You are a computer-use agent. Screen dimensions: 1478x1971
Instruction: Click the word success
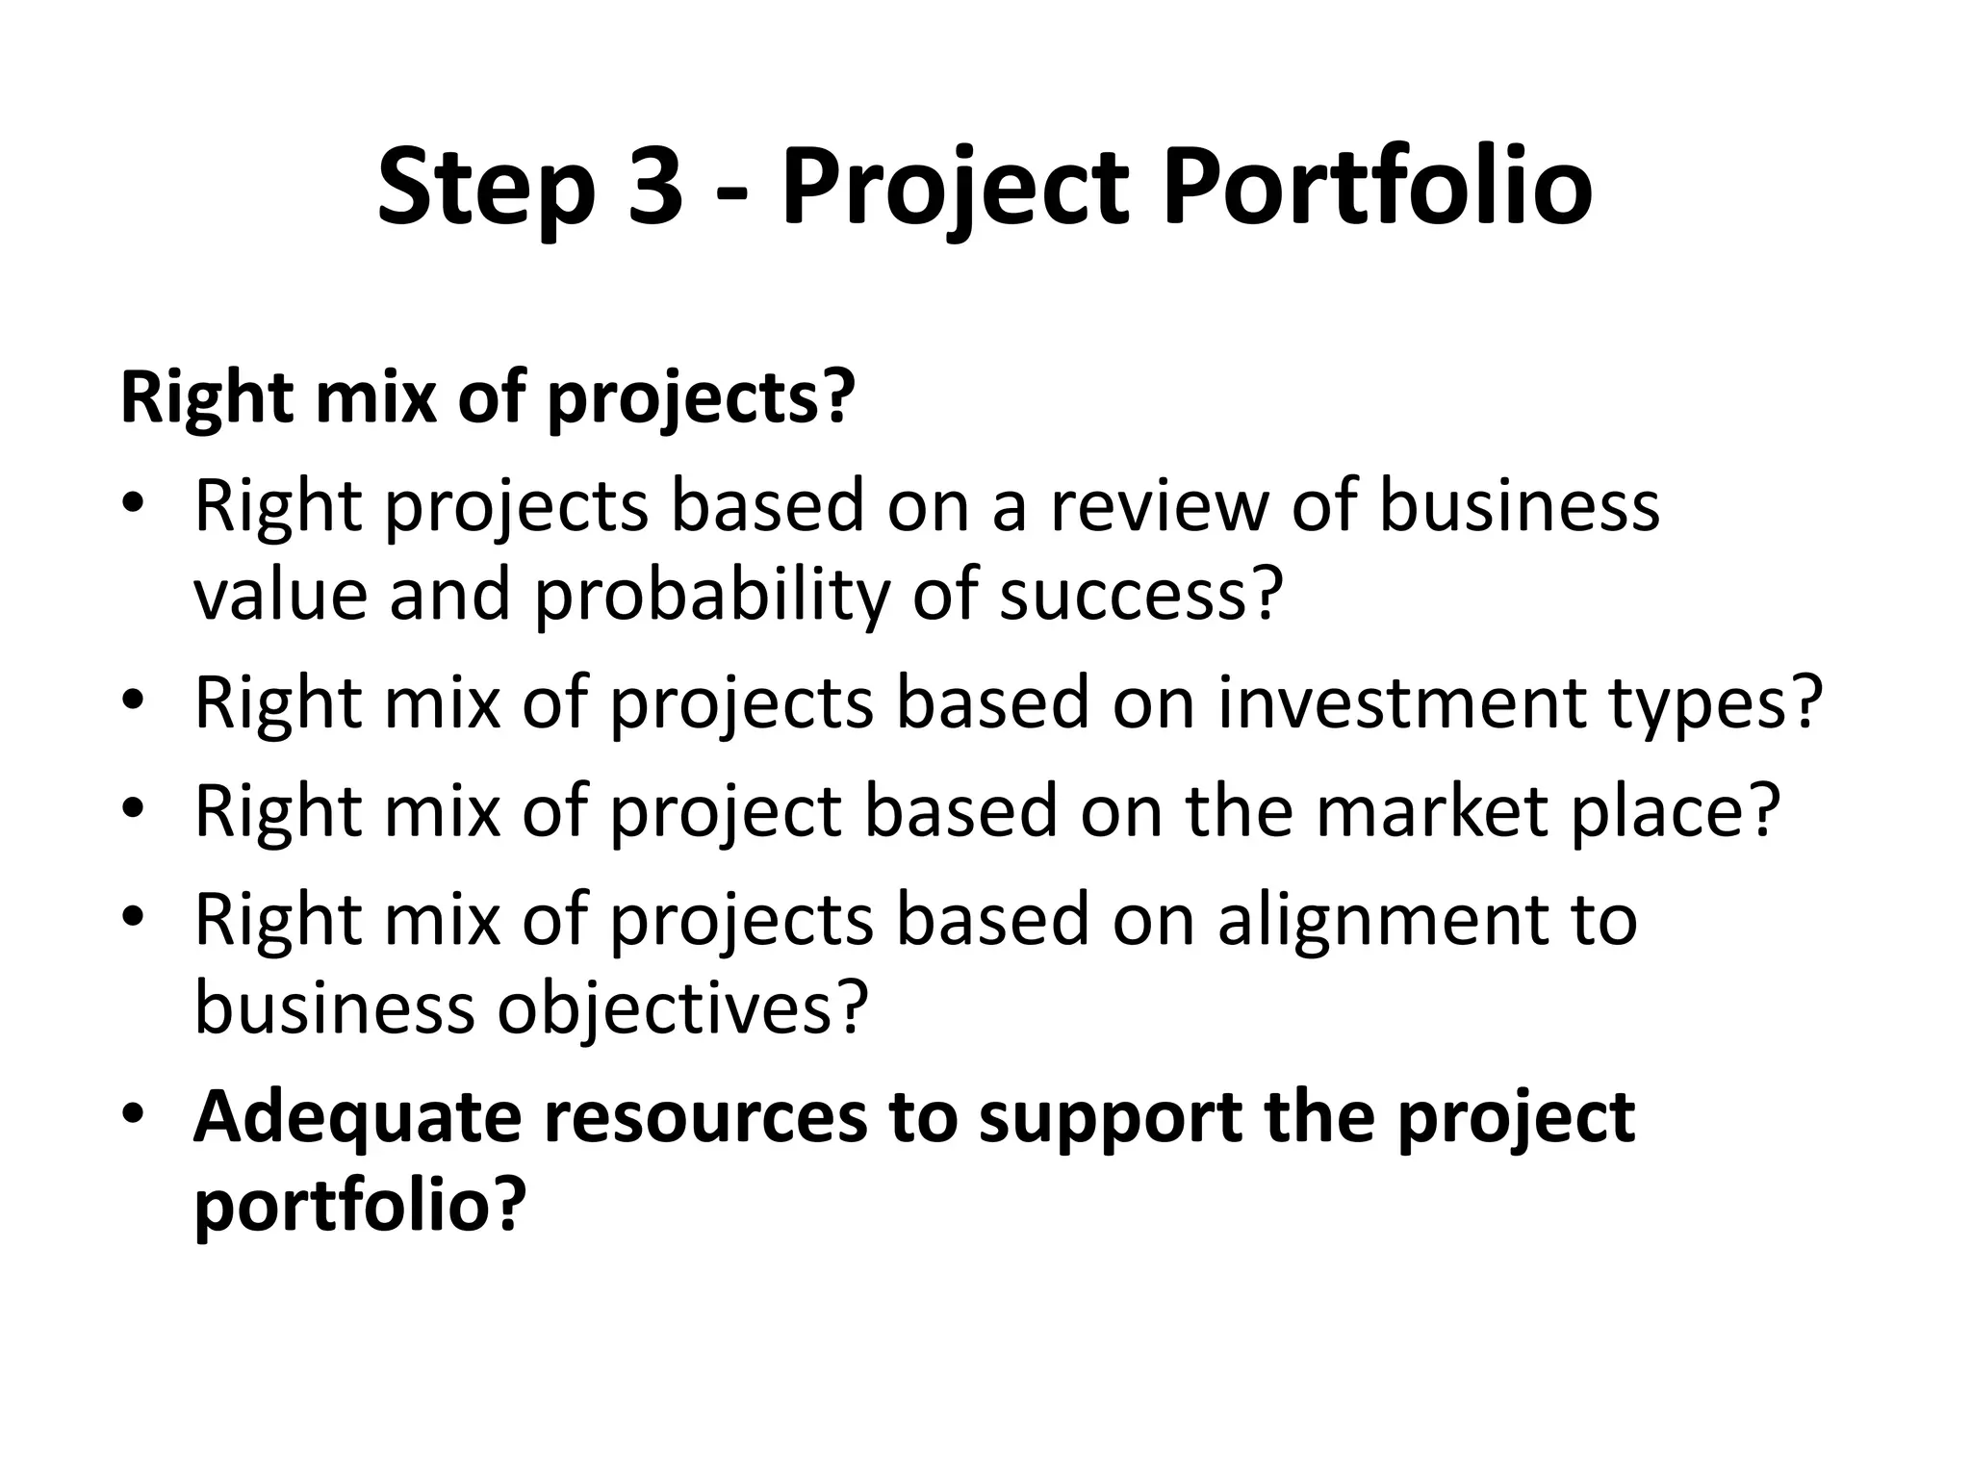[1141, 594]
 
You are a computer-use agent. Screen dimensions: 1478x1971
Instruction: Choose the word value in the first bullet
[280, 594]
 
